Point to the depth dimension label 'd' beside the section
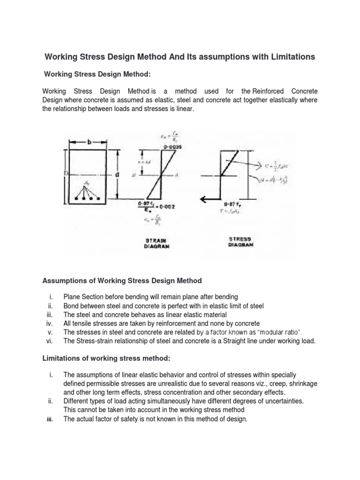click(x=117, y=174)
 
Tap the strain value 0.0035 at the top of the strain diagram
click(x=172, y=147)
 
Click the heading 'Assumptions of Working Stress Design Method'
click(x=122, y=281)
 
